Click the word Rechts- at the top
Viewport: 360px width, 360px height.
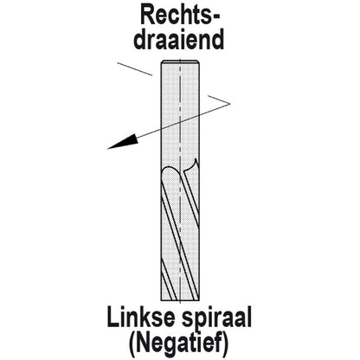[x=180, y=16]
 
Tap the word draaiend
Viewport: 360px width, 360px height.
[x=179, y=39]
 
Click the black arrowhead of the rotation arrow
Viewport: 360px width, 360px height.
[x=122, y=142]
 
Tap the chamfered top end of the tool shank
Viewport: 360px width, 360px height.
[x=180, y=62]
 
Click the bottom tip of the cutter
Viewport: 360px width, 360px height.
[x=180, y=300]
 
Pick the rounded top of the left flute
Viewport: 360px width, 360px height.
[x=170, y=170]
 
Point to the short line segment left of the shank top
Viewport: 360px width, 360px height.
[x=135, y=69]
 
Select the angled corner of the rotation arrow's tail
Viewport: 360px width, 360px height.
[x=230, y=103]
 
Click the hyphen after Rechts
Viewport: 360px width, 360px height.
[x=215, y=17]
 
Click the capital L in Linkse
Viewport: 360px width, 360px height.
[x=112, y=317]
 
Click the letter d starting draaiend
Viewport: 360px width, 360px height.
[x=139, y=39]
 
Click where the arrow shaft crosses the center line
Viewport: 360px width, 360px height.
[x=180, y=121]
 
